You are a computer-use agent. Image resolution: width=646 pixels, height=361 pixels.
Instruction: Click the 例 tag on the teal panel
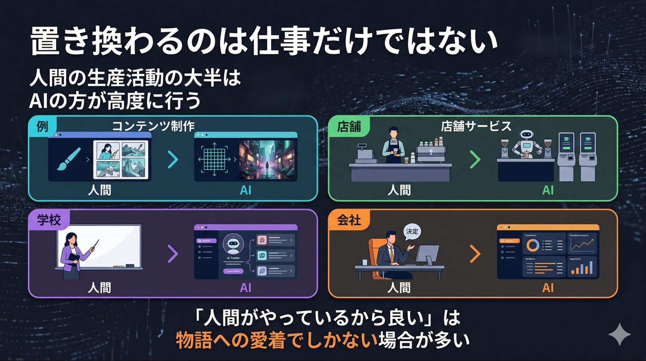pyautogui.click(x=42, y=127)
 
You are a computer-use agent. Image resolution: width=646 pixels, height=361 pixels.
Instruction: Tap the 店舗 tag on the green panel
pyautogui.click(x=349, y=127)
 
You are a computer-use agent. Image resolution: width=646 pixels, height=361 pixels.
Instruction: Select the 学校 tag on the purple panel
pyautogui.click(x=49, y=220)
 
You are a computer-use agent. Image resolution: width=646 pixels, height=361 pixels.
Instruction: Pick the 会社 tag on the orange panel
pyautogui.click(x=349, y=220)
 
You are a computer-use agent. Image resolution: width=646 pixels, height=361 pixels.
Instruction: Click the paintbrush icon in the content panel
pyautogui.click(x=69, y=159)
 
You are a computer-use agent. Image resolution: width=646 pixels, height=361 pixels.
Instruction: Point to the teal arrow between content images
pyautogui.click(x=173, y=160)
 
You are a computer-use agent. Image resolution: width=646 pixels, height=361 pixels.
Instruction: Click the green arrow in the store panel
pyautogui.click(x=475, y=160)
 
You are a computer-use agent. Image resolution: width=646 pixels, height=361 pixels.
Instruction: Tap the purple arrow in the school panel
pyautogui.click(x=173, y=254)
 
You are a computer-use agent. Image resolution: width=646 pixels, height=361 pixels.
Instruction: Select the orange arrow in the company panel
pyautogui.click(x=475, y=254)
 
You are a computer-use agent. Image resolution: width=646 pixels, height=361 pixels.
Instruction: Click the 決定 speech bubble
pyautogui.click(x=412, y=232)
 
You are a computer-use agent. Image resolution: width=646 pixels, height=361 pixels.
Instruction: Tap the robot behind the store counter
pyautogui.click(x=527, y=143)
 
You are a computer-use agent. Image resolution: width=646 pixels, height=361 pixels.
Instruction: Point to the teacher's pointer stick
pyautogui.click(x=94, y=245)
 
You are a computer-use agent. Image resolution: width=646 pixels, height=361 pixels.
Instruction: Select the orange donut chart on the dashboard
pyautogui.click(x=533, y=245)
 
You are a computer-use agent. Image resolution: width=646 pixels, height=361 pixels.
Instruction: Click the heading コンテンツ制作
pyautogui.click(x=153, y=126)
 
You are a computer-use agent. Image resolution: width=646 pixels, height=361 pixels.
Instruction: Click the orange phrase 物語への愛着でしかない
pyautogui.click(x=277, y=340)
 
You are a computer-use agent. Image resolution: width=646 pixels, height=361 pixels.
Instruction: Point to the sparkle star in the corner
pyautogui.click(x=619, y=334)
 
